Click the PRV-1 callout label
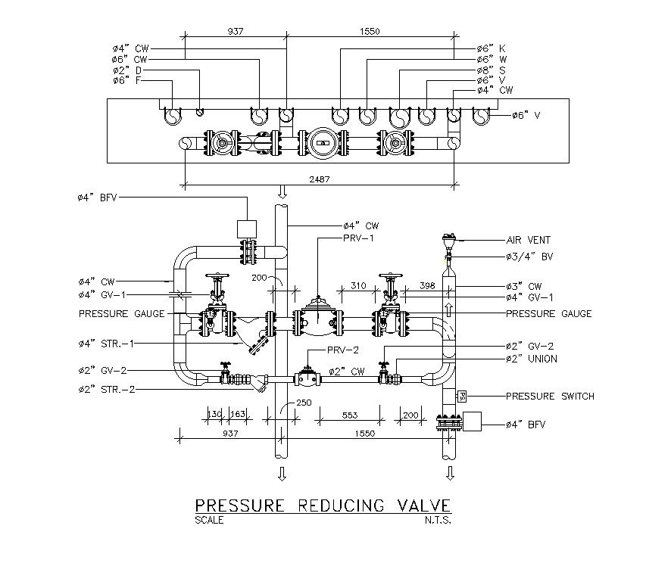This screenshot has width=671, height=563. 361,238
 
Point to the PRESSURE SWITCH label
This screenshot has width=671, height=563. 550,396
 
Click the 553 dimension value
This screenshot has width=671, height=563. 349,416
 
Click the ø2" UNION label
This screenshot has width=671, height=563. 531,358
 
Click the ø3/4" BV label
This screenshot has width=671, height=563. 529,257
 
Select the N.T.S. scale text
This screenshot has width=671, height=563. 438,521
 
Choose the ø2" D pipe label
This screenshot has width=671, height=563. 126,70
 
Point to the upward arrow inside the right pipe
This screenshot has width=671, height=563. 448,310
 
